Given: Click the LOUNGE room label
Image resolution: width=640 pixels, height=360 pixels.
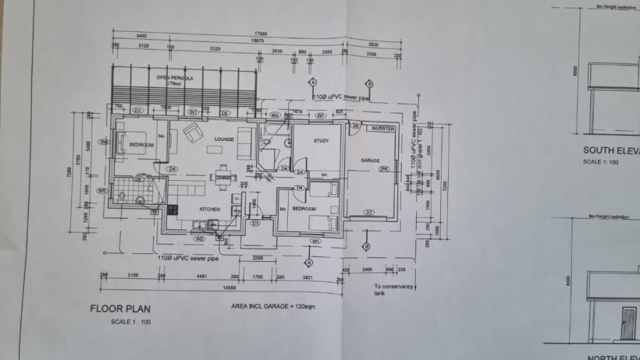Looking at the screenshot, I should coord(225,139).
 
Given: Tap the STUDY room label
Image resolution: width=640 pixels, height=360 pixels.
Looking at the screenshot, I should coord(321,141).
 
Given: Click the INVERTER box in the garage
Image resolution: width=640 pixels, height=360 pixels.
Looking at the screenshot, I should coord(383,129).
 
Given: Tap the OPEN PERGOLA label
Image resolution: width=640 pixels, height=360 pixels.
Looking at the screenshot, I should coord(175,78).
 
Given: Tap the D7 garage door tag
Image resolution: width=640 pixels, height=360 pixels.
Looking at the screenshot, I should coord(369,213).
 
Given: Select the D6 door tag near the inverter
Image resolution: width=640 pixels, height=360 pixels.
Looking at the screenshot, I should coord(356,125).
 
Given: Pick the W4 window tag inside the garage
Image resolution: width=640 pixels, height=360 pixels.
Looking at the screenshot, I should coord(383,169).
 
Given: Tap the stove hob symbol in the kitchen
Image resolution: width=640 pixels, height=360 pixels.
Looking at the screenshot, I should coord(172,210).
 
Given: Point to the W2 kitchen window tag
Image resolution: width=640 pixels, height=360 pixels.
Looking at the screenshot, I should coord(200,238).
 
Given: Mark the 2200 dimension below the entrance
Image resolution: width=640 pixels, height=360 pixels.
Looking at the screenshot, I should coord(258,258).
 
